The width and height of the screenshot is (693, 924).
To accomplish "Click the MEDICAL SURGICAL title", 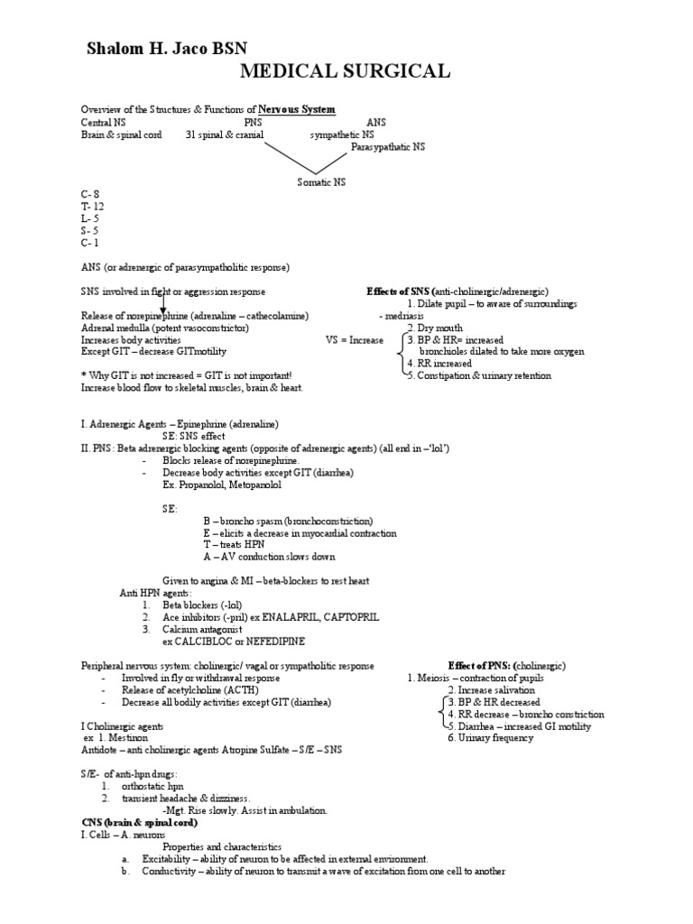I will [x=346, y=72].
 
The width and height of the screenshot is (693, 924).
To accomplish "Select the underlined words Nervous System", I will [x=297, y=109].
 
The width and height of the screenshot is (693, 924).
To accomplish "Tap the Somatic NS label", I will [x=321, y=181].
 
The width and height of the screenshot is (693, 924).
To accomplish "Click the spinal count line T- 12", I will [x=92, y=206].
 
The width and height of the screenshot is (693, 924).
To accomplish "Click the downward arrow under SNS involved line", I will [x=163, y=304].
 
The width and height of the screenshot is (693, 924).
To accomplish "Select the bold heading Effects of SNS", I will [x=399, y=292].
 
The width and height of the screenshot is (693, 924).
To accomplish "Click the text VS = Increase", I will [x=354, y=340].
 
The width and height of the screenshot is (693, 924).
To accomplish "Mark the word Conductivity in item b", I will [x=169, y=872].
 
